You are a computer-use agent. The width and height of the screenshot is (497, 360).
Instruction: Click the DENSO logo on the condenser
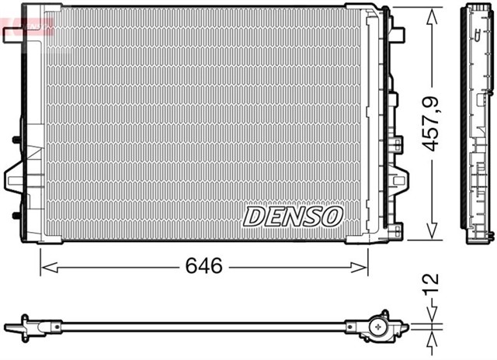pos(293,216)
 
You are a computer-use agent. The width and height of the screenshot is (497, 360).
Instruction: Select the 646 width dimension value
pos(203,266)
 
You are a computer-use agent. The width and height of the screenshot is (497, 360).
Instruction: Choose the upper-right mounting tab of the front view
pos(398,34)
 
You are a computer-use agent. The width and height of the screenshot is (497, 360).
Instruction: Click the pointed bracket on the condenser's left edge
pos(16,178)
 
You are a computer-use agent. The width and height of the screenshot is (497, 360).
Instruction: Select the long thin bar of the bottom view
pos(202,325)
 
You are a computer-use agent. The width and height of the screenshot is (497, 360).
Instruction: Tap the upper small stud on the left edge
pos(16,140)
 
